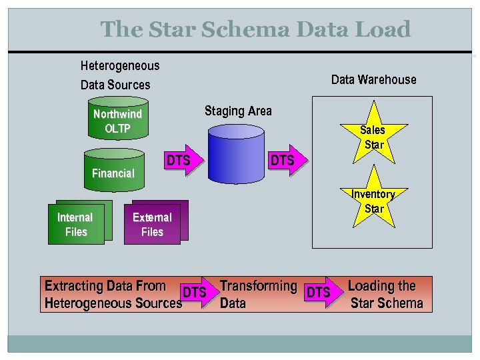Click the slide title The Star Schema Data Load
[255, 29]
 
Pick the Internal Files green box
[76, 225]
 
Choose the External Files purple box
[152, 225]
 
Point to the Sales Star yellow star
[374, 136]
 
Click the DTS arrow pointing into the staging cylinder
[182, 161]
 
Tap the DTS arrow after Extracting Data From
[197, 293]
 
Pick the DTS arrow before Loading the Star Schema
[321, 293]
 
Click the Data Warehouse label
[373, 80]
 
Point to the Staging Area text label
[238, 111]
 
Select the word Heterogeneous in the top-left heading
[120, 65]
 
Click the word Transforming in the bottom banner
[258, 286]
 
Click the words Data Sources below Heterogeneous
[115, 85]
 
